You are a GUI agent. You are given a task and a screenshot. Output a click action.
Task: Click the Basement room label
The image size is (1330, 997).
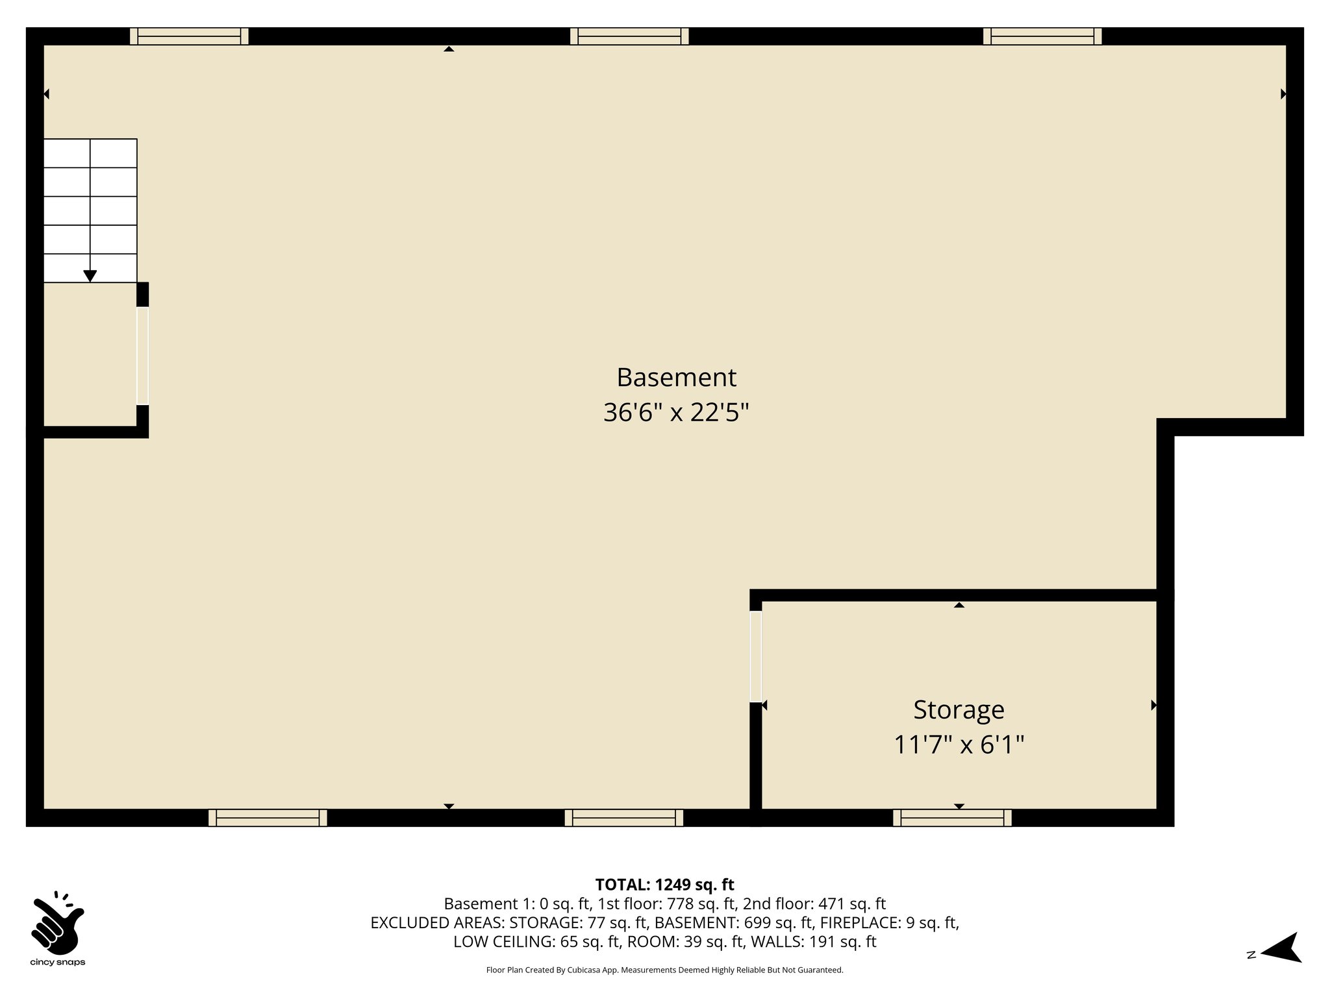point(676,377)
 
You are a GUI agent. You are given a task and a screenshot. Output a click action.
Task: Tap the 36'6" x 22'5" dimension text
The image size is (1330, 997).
point(676,412)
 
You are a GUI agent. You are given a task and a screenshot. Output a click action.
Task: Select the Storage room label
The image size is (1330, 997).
point(959,709)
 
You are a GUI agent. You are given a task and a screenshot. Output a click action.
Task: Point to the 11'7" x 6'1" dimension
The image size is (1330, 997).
point(959,745)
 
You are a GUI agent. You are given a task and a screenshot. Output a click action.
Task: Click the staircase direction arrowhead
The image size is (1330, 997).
point(90,276)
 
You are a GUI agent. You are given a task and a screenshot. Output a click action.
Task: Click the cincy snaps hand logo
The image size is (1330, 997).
point(57,922)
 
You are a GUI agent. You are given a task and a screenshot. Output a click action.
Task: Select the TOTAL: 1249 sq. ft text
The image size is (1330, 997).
point(664,885)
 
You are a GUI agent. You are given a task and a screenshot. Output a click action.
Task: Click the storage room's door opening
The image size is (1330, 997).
point(756,656)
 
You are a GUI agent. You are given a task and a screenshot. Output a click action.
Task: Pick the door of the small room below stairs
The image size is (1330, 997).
point(142,356)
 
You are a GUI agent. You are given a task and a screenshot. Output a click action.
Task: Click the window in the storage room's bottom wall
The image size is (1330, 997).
point(952,818)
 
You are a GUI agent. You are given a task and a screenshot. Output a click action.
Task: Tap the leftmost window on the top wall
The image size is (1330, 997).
point(189,36)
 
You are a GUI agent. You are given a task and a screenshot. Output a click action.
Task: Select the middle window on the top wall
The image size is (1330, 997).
point(629,36)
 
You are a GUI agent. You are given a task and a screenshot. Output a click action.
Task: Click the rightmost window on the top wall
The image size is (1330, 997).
point(1042,36)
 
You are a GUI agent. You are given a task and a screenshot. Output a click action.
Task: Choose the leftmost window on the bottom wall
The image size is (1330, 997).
point(268,818)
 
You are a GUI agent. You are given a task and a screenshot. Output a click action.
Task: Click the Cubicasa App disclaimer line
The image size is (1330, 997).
point(664,970)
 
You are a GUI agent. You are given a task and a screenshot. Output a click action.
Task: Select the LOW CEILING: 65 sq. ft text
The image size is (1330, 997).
point(536,941)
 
